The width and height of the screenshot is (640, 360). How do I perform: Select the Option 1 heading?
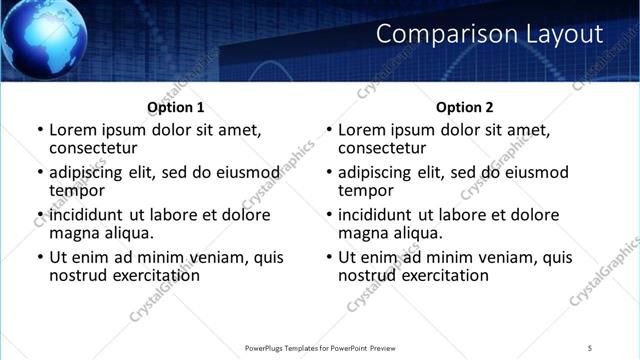[x=176, y=107]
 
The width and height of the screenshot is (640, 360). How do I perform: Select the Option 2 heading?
[x=465, y=107]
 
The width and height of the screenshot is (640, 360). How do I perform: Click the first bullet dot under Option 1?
[x=40, y=131]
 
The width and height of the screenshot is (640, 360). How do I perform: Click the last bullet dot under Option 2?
[x=329, y=257]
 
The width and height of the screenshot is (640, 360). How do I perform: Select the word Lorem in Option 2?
[x=363, y=130]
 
